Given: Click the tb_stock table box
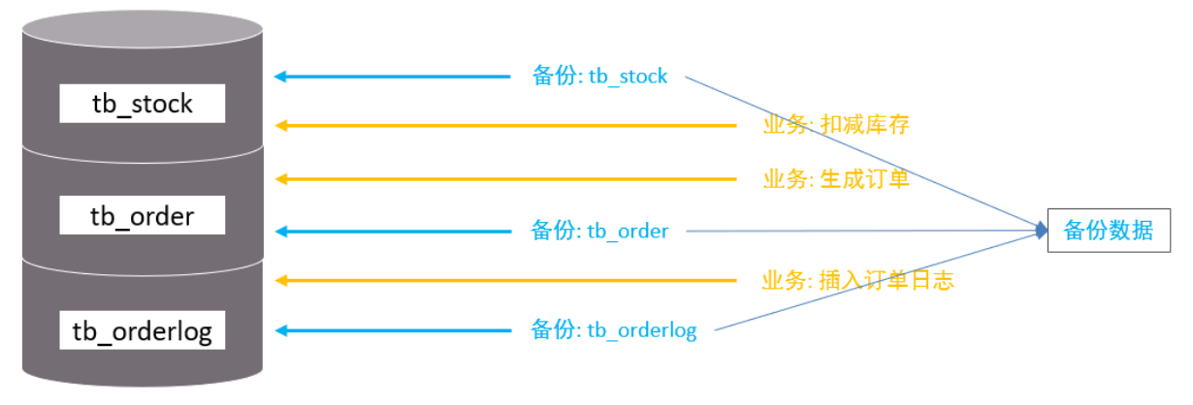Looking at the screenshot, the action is coord(143,104).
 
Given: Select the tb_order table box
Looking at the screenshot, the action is coord(143,215).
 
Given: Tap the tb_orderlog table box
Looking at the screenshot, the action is coord(143,330).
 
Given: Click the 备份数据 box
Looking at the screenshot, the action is coord(1109,231).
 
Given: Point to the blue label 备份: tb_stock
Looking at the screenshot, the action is coord(599,77).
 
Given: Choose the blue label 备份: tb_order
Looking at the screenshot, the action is coord(599,231).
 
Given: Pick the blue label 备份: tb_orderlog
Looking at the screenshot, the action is coord(614,330).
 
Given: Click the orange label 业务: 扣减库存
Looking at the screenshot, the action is coord(836,125).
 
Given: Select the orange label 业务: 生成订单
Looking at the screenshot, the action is coord(836,179).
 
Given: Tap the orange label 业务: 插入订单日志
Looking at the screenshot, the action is coord(857,280).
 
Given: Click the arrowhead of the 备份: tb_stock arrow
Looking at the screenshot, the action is coord(280,77).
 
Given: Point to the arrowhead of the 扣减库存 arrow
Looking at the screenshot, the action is coord(280,126).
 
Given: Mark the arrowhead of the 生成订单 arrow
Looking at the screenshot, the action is coord(280,179).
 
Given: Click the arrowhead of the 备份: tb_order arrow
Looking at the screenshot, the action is coord(280,232).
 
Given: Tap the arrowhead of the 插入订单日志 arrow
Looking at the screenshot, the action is coord(280,280).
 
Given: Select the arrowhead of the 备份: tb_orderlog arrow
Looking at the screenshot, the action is coord(280,330).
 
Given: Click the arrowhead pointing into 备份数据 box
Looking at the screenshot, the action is coord(1042,231).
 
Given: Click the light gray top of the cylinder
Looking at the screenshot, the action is coord(143,29).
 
